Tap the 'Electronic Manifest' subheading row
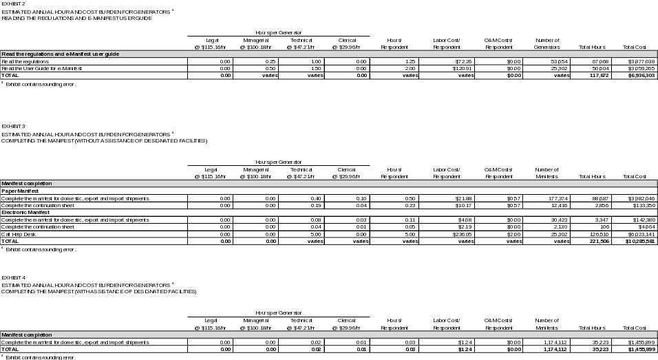pyautogui.click(x=25, y=213)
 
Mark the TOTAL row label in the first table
pyautogui.click(x=10, y=76)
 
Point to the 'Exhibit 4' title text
pyautogui.click(x=14, y=277)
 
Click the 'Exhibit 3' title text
pyautogui.click(x=14, y=127)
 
